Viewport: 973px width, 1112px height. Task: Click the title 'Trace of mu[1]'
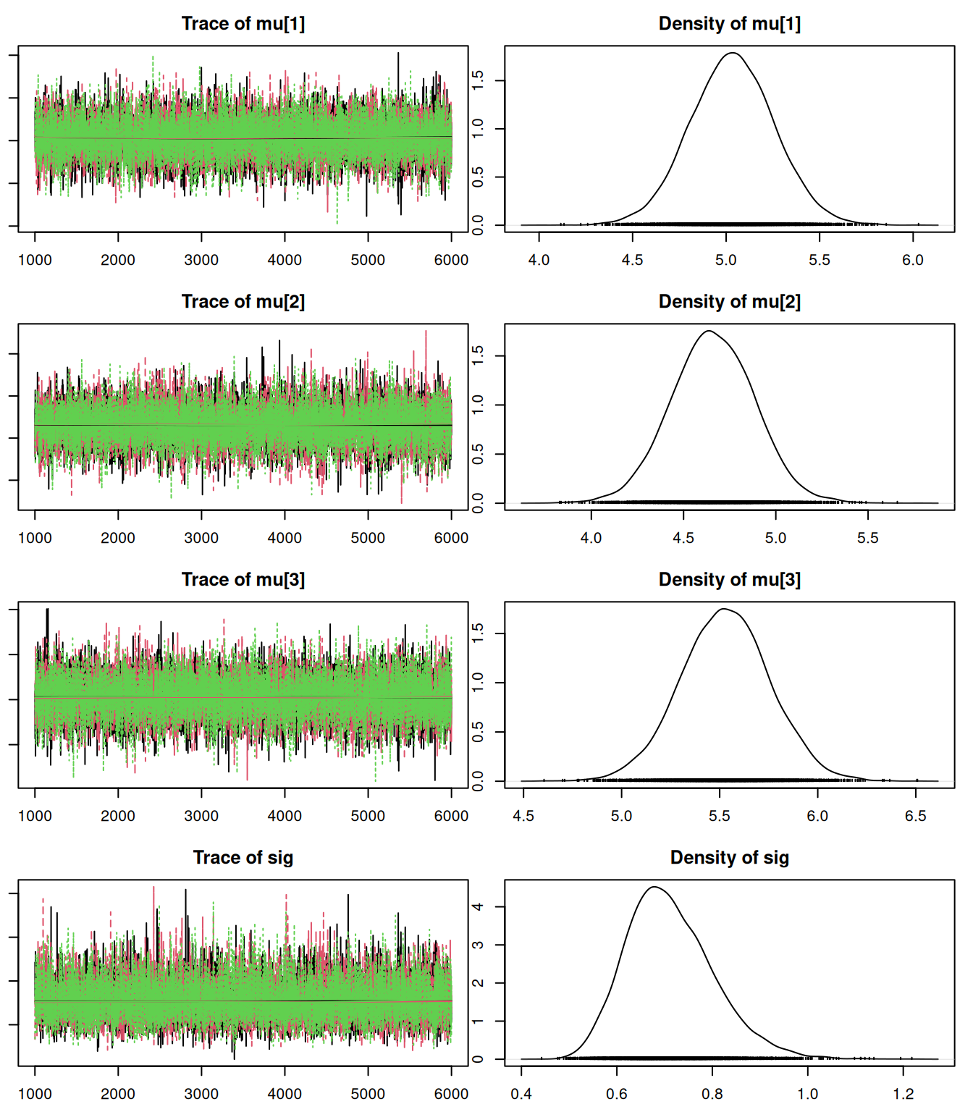point(243,24)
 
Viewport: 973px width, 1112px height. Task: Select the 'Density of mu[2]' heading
point(729,302)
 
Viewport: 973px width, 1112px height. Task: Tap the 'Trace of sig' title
point(243,858)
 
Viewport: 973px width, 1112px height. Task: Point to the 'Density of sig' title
point(729,858)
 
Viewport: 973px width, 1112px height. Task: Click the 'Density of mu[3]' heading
point(729,580)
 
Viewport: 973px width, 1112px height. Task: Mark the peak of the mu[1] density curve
point(733,53)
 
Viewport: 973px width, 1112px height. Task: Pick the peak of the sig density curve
point(654,887)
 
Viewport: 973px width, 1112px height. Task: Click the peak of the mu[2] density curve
point(709,331)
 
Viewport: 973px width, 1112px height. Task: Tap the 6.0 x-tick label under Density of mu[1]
point(913,260)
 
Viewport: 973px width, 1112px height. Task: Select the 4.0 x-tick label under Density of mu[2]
point(591,538)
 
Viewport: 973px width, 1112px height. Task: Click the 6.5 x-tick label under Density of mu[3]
point(916,816)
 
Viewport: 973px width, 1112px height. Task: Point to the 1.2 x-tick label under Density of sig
point(903,1094)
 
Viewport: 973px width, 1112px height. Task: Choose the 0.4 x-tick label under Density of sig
point(521,1094)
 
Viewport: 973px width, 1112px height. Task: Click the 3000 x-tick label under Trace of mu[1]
point(201,260)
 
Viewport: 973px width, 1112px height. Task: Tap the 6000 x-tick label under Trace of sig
point(451,1094)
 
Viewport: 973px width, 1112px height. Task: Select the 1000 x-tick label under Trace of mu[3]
point(35,816)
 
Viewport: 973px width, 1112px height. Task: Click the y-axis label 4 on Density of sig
point(478,907)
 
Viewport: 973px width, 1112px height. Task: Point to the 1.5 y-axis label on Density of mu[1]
point(478,80)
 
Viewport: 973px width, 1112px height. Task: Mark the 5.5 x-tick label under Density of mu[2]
point(868,538)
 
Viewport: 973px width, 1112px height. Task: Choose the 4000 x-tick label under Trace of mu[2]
point(285,538)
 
